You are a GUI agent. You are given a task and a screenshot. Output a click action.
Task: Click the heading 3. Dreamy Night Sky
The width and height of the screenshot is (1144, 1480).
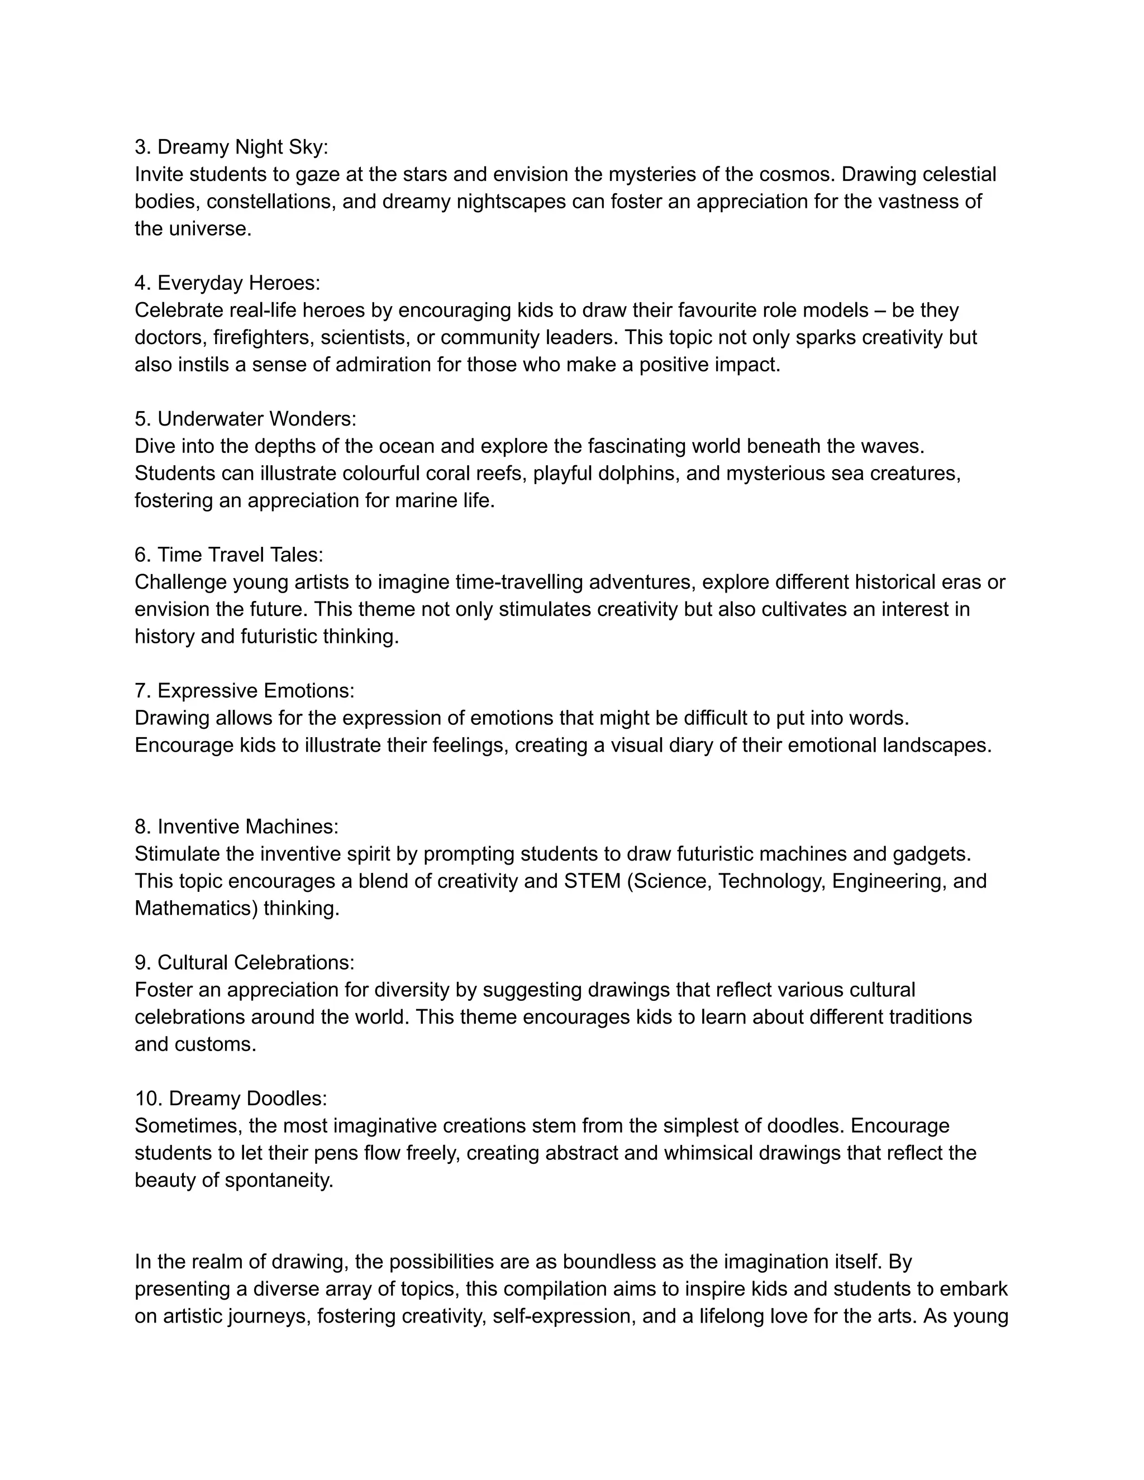pyautogui.click(x=231, y=147)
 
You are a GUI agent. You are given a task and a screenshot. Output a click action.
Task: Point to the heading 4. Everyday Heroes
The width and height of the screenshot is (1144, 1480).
pyautogui.click(x=227, y=283)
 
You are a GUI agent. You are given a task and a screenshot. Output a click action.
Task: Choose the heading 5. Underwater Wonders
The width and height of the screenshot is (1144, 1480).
pyautogui.click(x=245, y=419)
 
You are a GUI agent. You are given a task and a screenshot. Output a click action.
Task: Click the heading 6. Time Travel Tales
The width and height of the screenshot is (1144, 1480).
pyautogui.click(x=228, y=555)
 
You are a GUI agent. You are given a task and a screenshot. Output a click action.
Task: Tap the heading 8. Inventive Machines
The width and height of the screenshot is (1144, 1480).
pyautogui.click(x=236, y=827)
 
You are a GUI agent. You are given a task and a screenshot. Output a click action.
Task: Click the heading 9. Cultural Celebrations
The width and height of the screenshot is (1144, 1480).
pyautogui.click(x=244, y=962)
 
